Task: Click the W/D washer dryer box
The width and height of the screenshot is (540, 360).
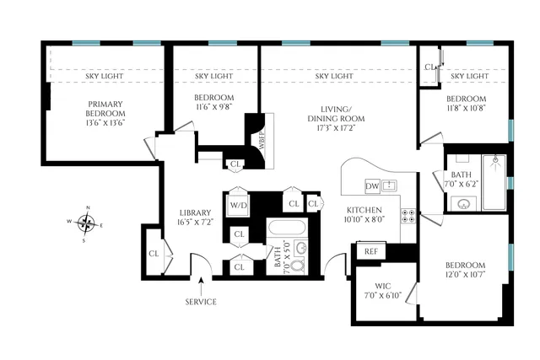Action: click(237, 205)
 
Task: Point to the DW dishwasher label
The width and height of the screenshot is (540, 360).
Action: click(372, 185)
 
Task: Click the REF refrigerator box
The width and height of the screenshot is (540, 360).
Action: click(370, 250)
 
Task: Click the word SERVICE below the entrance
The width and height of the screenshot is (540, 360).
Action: click(200, 301)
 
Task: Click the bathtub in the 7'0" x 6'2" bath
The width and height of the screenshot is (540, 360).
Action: click(492, 181)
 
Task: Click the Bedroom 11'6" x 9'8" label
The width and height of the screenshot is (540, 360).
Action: click(213, 103)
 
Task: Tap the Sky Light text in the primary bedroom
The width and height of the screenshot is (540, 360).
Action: click(105, 76)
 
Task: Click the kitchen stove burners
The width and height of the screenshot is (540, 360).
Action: click(409, 215)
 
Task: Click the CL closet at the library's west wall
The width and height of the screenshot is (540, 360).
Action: click(154, 253)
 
